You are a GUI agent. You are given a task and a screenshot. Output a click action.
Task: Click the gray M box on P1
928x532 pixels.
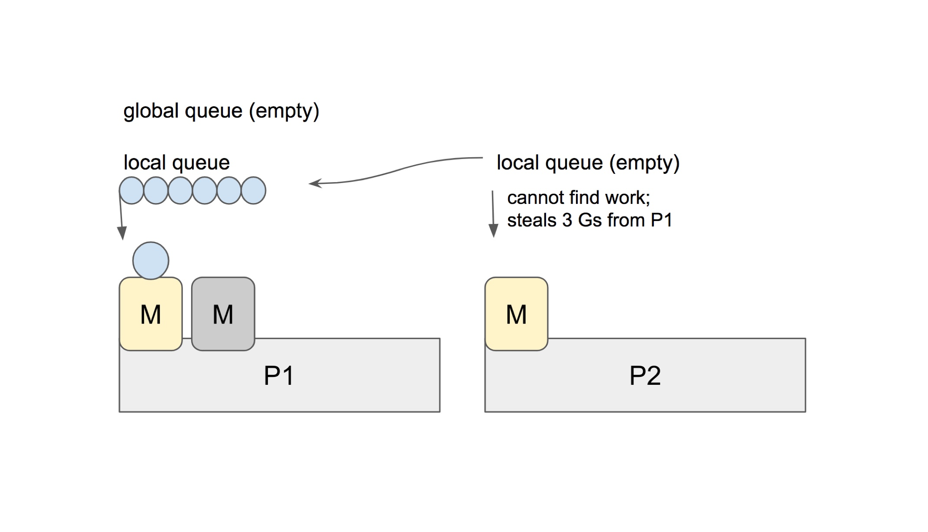223,314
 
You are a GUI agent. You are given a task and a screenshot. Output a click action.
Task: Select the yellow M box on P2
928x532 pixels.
516,314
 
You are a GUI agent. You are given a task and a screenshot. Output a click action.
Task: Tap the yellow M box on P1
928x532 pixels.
150,314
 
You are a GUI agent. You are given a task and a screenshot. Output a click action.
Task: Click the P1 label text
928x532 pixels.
279,375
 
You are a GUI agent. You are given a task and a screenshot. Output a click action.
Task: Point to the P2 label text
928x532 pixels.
645,375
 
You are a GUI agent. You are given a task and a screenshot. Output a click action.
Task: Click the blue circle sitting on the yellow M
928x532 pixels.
151,261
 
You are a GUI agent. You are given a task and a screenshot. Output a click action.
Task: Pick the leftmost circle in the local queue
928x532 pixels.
132,191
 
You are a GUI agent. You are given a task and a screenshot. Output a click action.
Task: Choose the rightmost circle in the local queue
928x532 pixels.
253,191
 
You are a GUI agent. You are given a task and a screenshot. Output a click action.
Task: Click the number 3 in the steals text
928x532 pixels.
567,220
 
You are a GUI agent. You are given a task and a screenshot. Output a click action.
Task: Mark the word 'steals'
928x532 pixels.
531,220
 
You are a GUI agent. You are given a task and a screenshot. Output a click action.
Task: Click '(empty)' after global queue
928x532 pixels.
284,111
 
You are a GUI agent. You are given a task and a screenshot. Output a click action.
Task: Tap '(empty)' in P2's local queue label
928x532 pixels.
644,163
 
